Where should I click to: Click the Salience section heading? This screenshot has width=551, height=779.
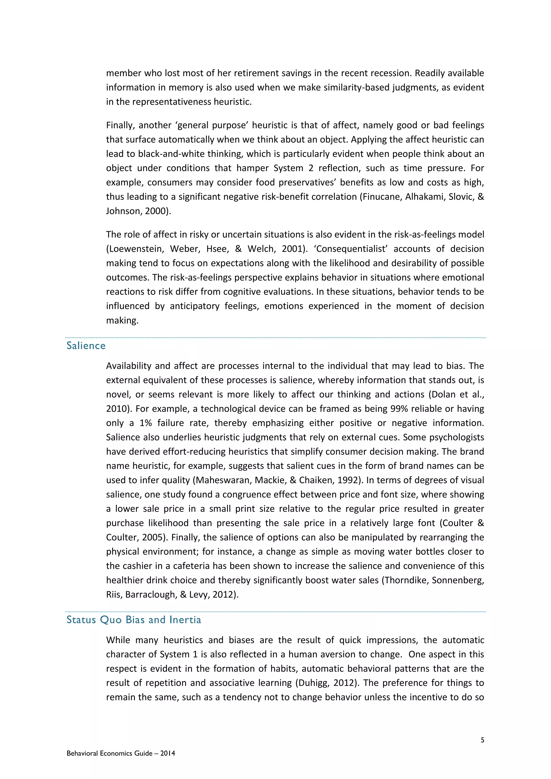[86, 346]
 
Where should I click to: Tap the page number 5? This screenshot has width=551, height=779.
[482, 740]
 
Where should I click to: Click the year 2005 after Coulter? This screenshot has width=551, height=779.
[154, 537]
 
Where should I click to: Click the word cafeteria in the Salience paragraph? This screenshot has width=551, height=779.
[191, 566]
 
